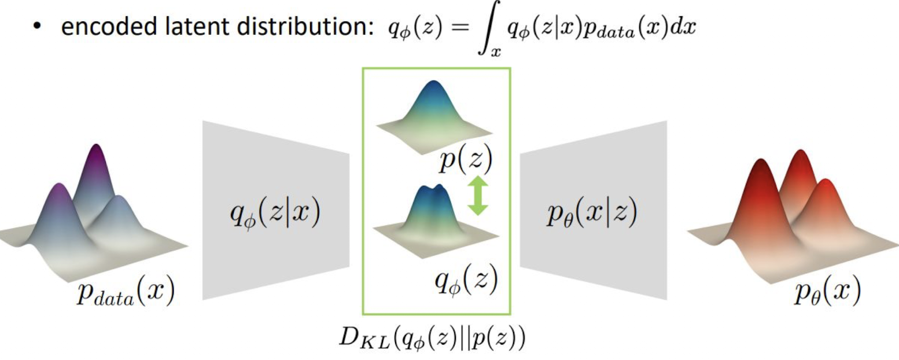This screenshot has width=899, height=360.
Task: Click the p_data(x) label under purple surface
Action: click(125, 293)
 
